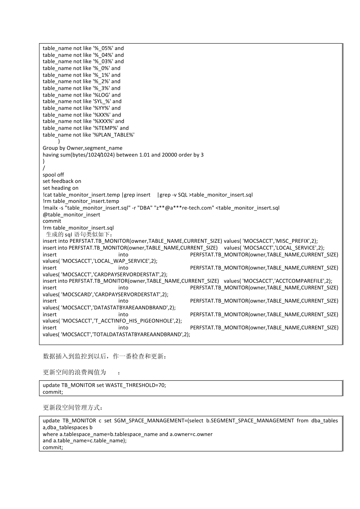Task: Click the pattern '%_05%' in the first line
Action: [x=103, y=48]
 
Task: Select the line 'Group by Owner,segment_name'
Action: [x=82, y=148]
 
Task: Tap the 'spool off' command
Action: [x=53, y=175]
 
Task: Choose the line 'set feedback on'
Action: [x=62, y=181]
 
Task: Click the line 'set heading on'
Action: [x=60, y=188]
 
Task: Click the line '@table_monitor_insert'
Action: [x=71, y=215]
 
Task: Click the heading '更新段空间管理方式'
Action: [x=72, y=408]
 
